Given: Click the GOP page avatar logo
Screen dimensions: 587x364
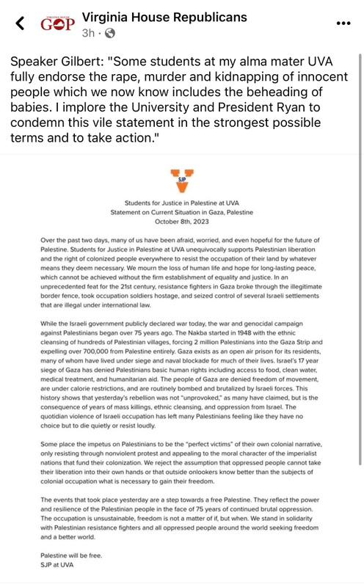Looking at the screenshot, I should (x=57, y=23).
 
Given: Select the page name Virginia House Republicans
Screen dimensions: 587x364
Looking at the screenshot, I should (x=164, y=17).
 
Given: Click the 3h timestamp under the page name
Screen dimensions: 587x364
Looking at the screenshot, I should (x=87, y=33).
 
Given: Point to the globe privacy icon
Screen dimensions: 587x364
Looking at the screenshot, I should (x=110, y=33).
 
